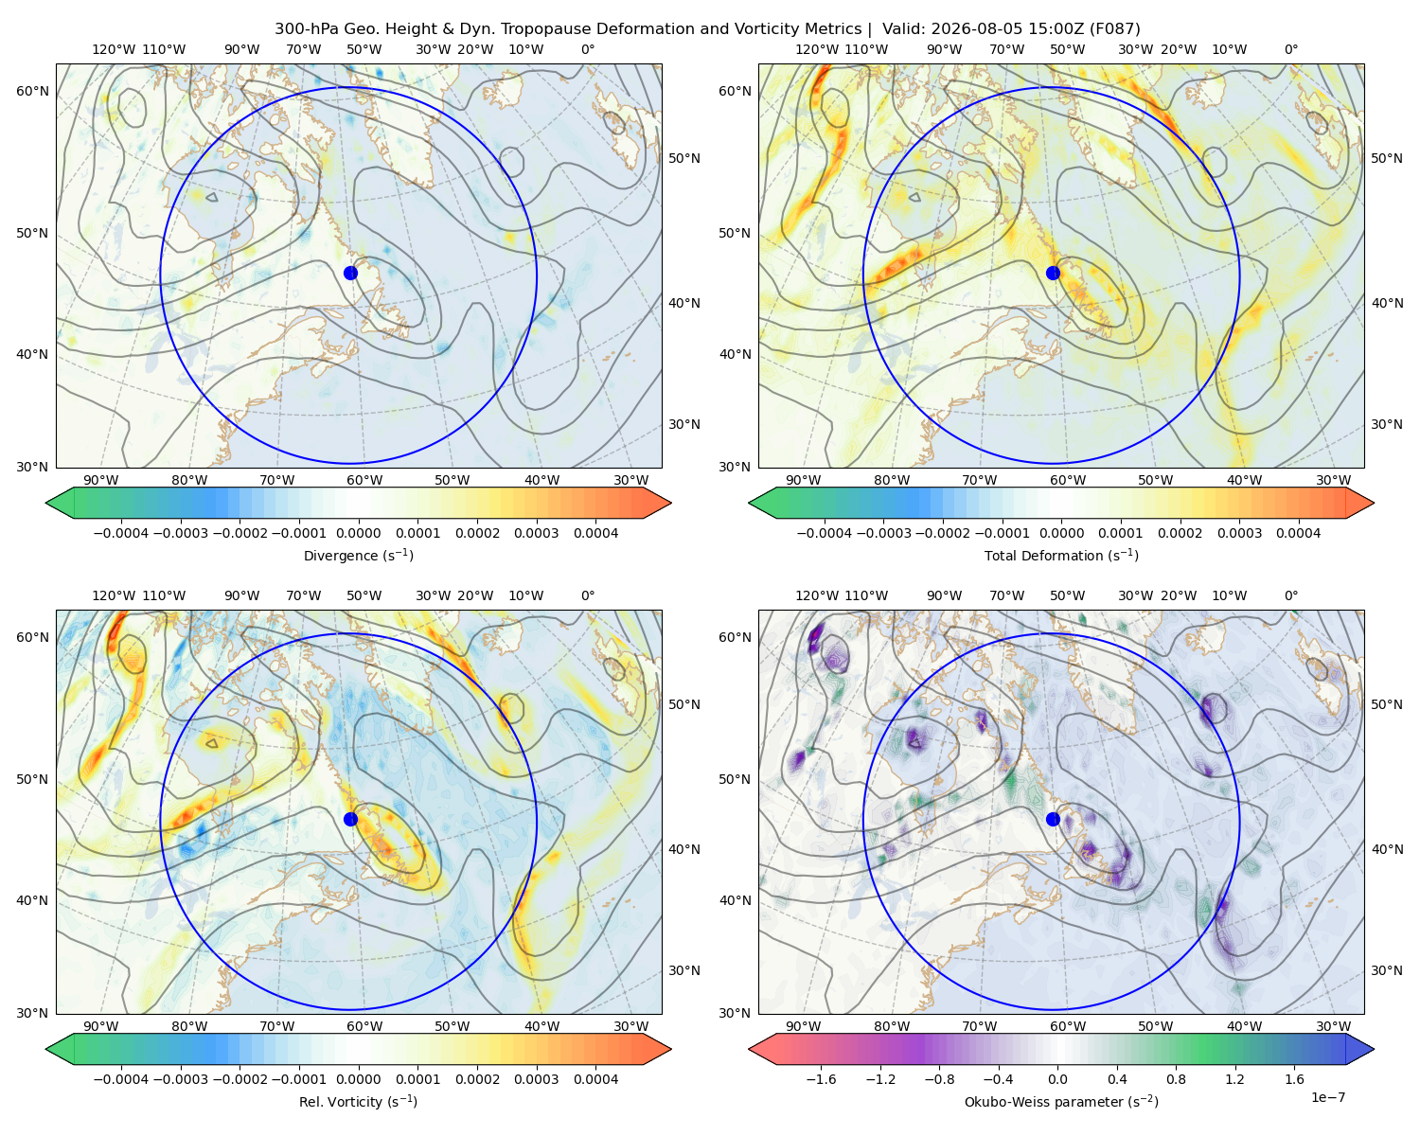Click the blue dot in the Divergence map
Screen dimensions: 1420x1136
tap(350, 273)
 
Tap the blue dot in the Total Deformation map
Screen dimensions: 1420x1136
tap(1053, 273)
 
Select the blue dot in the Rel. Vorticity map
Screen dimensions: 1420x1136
tap(350, 819)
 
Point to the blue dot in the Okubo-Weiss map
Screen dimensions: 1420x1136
tap(1053, 819)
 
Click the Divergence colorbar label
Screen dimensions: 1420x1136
tap(358, 556)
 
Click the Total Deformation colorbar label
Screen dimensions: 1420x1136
tap(1061, 556)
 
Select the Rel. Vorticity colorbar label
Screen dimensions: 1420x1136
tap(358, 1102)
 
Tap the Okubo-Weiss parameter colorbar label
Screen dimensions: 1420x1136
tap(1061, 1102)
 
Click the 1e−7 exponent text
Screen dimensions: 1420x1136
tap(1327, 1098)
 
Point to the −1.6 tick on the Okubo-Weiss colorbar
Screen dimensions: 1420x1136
tap(821, 1079)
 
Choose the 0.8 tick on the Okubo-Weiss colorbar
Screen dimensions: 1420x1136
tap(1176, 1079)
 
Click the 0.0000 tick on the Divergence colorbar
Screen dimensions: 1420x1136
tap(358, 533)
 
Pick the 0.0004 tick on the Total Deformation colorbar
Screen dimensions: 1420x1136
tap(1298, 533)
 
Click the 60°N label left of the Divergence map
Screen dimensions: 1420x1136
tap(32, 91)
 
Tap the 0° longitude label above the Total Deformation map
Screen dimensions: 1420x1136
tap(1290, 49)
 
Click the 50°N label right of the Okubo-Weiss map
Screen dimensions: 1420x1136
tap(1387, 704)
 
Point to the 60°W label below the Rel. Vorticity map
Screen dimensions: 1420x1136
tap(364, 1026)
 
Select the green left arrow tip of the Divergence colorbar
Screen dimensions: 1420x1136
tap(46, 504)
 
